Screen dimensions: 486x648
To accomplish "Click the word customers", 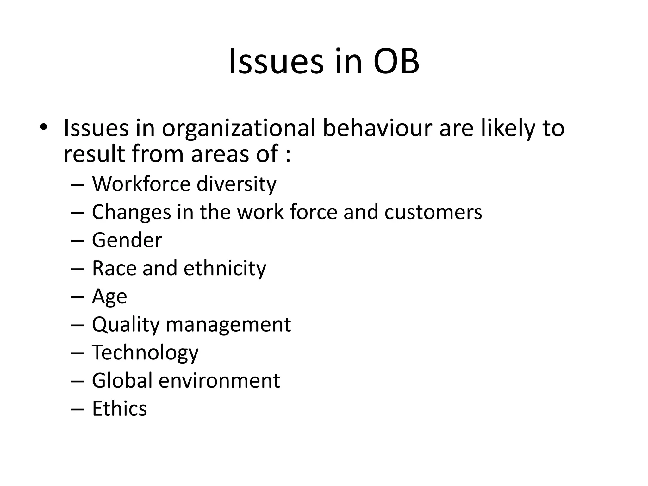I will coord(433,212).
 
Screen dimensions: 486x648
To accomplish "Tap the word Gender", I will coord(127,240).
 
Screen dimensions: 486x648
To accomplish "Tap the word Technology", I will coord(145,353).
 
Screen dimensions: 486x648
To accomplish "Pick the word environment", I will coord(219,381).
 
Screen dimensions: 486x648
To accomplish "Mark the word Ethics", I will coord(119,408).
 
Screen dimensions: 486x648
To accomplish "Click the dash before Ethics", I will coord(78,409).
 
